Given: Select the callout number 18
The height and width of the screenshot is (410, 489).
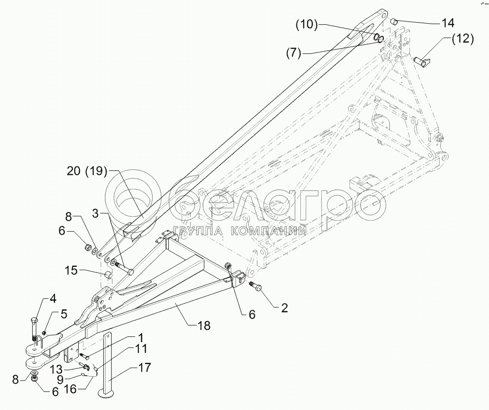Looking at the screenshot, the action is pyautogui.click(x=203, y=326).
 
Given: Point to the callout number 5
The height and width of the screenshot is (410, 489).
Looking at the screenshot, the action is pyautogui.click(x=63, y=314).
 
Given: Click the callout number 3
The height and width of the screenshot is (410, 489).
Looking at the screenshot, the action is pyautogui.click(x=96, y=214).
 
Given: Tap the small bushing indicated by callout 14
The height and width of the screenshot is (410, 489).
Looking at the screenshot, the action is pyautogui.click(x=395, y=22).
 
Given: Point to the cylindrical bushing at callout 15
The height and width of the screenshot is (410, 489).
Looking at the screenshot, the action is pyautogui.click(x=108, y=275).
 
